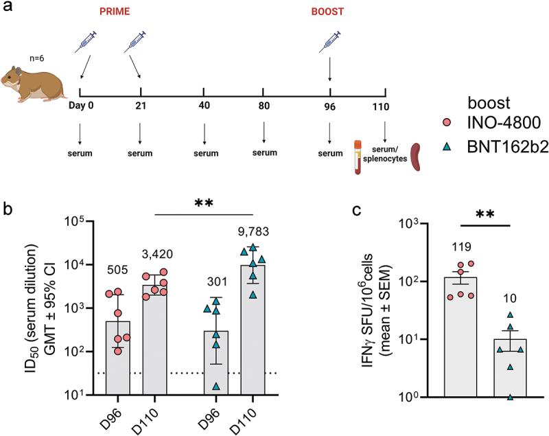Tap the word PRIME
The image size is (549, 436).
(109, 12)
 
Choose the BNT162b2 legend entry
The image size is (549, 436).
(498, 149)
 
